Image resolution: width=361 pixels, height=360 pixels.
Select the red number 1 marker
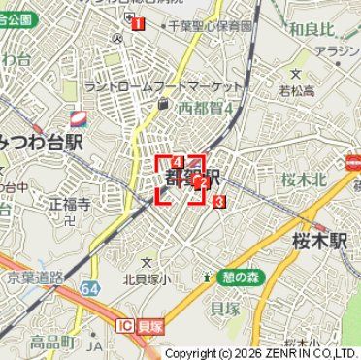pos(139,23)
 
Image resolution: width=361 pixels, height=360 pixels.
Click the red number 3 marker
pos(219,201)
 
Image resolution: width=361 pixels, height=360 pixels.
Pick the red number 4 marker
pos(178,161)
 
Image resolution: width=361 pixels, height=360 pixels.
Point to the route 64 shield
pos(90,288)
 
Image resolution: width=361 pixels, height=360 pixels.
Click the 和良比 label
pos(312,29)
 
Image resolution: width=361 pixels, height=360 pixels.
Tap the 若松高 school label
pos(297,91)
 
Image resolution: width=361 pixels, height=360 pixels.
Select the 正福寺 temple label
pos(70,205)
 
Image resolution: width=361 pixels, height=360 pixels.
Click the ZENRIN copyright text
pos(260,353)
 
